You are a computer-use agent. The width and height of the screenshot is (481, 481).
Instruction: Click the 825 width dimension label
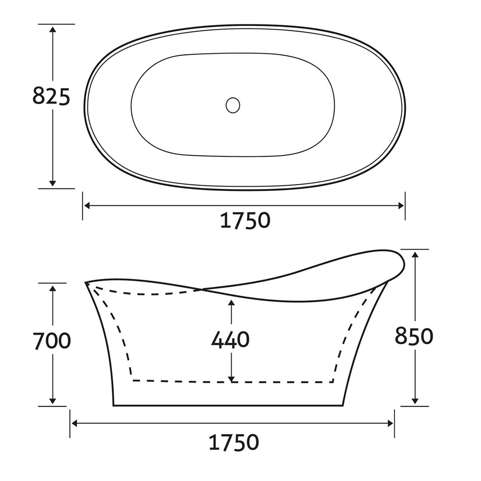click(51, 97)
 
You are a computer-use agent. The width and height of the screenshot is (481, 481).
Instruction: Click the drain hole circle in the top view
click(233, 105)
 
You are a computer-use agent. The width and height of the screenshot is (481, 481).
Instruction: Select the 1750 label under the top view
click(245, 221)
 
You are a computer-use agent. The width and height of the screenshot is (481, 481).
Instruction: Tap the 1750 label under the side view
click(233, 441)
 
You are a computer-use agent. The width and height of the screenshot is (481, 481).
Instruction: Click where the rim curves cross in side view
click(201, 289)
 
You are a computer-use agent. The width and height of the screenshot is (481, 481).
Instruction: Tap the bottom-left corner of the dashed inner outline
click(133, 380)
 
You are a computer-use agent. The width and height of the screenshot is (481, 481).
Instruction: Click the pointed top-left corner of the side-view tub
click(87, 283)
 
